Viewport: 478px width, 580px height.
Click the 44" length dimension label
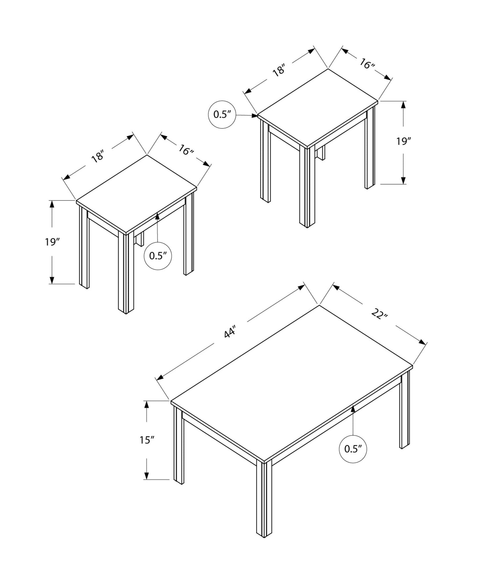click(230, 332)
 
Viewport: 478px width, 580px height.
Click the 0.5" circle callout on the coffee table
click(353, 449)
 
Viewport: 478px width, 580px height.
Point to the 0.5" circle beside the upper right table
click(222, 114)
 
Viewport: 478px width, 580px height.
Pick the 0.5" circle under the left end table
click(158, 256)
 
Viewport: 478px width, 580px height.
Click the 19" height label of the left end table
click(52, 242)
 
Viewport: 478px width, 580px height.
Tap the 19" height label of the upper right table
click(403, 142)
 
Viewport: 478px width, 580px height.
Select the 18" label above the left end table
click(98, 156)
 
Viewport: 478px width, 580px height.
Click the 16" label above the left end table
click(186, 150)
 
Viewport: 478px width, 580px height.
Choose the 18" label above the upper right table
click(279, 70)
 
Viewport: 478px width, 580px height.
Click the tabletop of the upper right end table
click(318, 107)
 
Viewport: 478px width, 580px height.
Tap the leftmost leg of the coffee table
click(178, 445)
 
